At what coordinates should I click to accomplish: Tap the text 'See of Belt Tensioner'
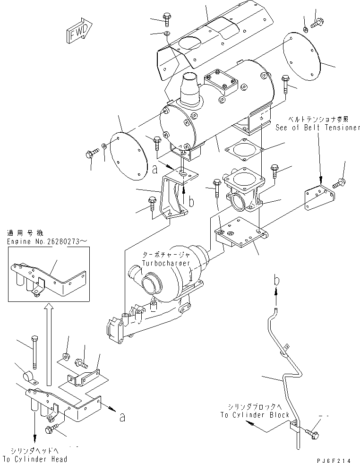tap(318, 128)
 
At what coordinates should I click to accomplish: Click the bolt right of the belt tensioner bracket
tap(339, 182)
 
